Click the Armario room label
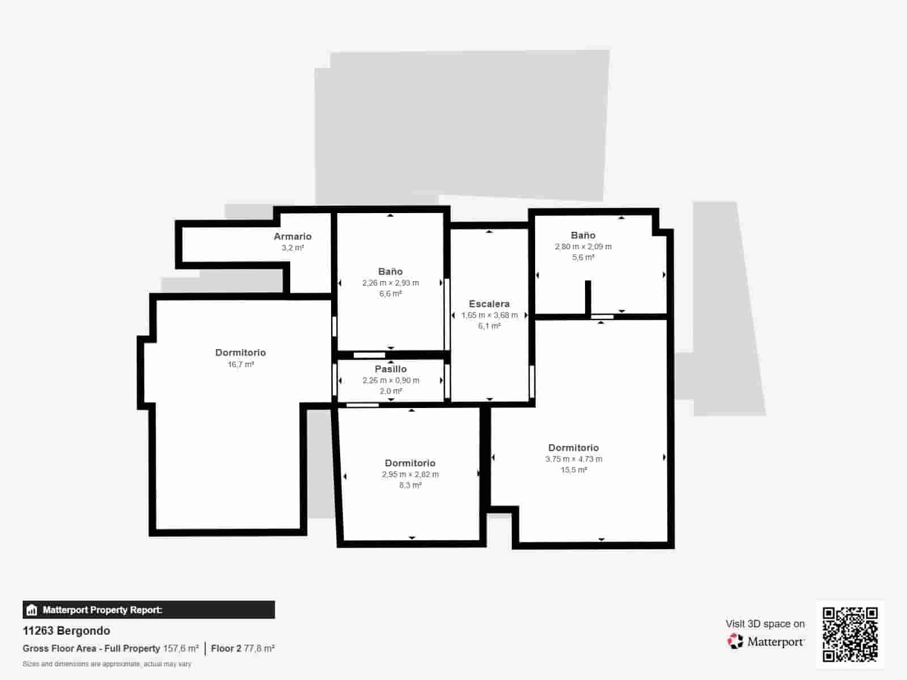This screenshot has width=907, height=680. click(x=293, y=236)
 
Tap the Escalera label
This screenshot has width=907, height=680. click(x=489, y=304)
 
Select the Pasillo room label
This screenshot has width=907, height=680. click(x=391, y=369)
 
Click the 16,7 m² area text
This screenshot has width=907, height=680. click(x=241, y=364)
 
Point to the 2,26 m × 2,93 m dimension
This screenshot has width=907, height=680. click(x=391, y=283)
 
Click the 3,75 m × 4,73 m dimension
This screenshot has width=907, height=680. click(x=574, y=459)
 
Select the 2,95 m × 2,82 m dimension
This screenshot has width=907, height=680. click(x=410, y=474)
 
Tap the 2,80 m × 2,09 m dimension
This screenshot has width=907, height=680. click(x=583, y=246)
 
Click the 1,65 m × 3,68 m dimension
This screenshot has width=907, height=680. click(x=489, y=315)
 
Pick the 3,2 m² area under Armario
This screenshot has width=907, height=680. click(x=293, y=248)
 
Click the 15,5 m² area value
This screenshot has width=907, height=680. click(x=574, y=470)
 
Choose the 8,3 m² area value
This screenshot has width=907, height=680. click(x=410, y=485)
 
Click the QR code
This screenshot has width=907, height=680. click(x=850, y=634)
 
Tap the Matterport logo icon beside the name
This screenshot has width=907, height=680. click(x=735, y=641)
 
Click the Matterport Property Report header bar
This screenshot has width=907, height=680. click(x=149, y=610)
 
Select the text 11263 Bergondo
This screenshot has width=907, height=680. click(x=66, y=631)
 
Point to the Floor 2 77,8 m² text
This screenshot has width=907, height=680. click(x=243, y=648)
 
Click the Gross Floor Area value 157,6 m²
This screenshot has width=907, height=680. click(x=181, y=648)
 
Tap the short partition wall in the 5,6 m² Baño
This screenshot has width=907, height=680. click(x=588, y=296)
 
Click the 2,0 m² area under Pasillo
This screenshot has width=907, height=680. click(x=391, y=391)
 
